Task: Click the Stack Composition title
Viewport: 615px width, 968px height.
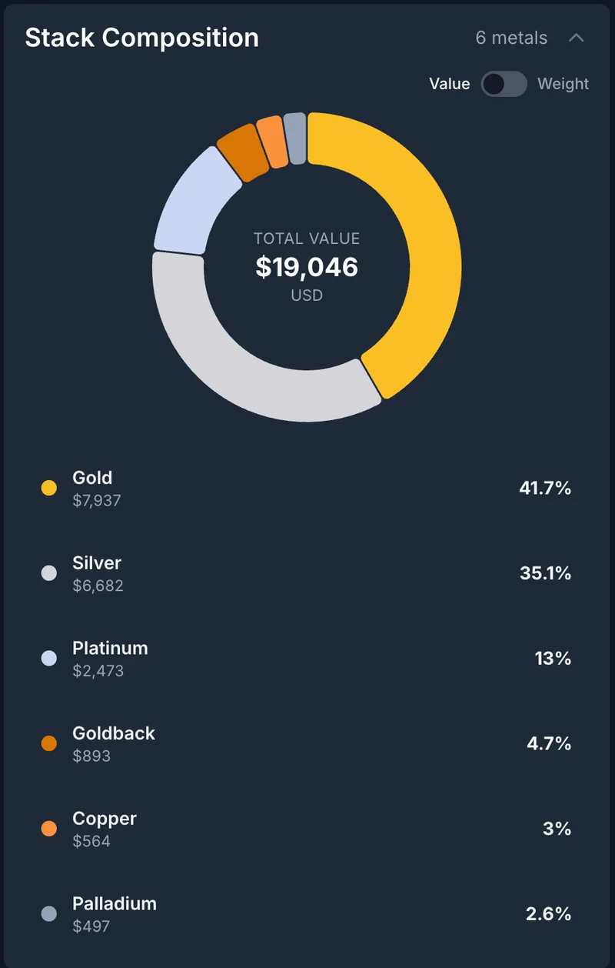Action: point(141,38)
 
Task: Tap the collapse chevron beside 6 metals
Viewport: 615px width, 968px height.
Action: point(577,38)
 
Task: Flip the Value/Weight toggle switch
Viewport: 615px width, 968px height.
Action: point(504,84)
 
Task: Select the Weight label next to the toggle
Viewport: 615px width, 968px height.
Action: point(563,84)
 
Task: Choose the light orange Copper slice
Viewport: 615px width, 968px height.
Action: point(271,142)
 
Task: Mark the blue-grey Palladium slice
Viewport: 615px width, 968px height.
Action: point(295,139)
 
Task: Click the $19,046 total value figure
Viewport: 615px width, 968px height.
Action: point(307,267)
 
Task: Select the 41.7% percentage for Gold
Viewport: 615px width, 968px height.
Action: point(545,487)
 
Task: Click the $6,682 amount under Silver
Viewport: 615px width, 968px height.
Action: point(98,586)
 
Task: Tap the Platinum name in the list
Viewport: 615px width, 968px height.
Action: point(110,648)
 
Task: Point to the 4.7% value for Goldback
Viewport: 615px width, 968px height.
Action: point(549,743)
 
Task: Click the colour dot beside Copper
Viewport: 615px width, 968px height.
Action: point(49,829)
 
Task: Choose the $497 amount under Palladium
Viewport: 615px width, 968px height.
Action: point(91,926)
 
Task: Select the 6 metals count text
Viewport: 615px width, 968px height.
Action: point(511,38)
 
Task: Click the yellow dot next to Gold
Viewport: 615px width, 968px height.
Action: point(49,488)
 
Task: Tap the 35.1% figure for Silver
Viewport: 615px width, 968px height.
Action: point(545,572)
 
